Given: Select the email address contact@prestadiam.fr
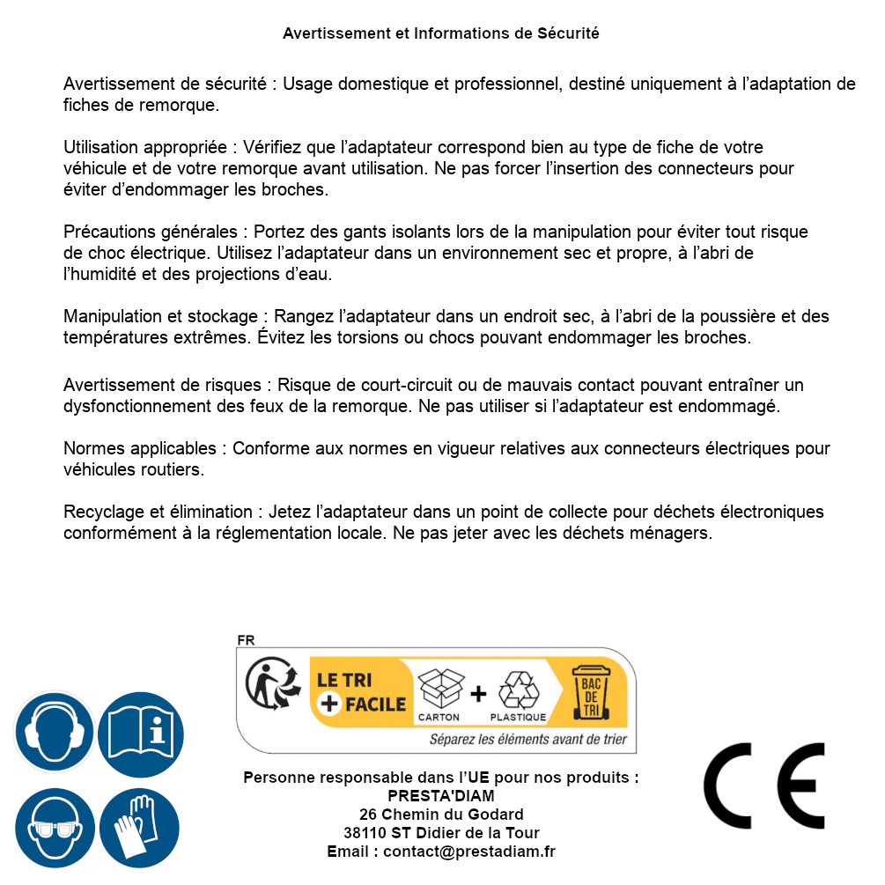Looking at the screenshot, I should pyautogui.click(x=469, y=852).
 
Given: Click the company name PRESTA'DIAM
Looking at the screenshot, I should pyautogui.click(x=441, y=796).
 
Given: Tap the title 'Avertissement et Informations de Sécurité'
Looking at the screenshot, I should pyautogui.click(x=441, y=33).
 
